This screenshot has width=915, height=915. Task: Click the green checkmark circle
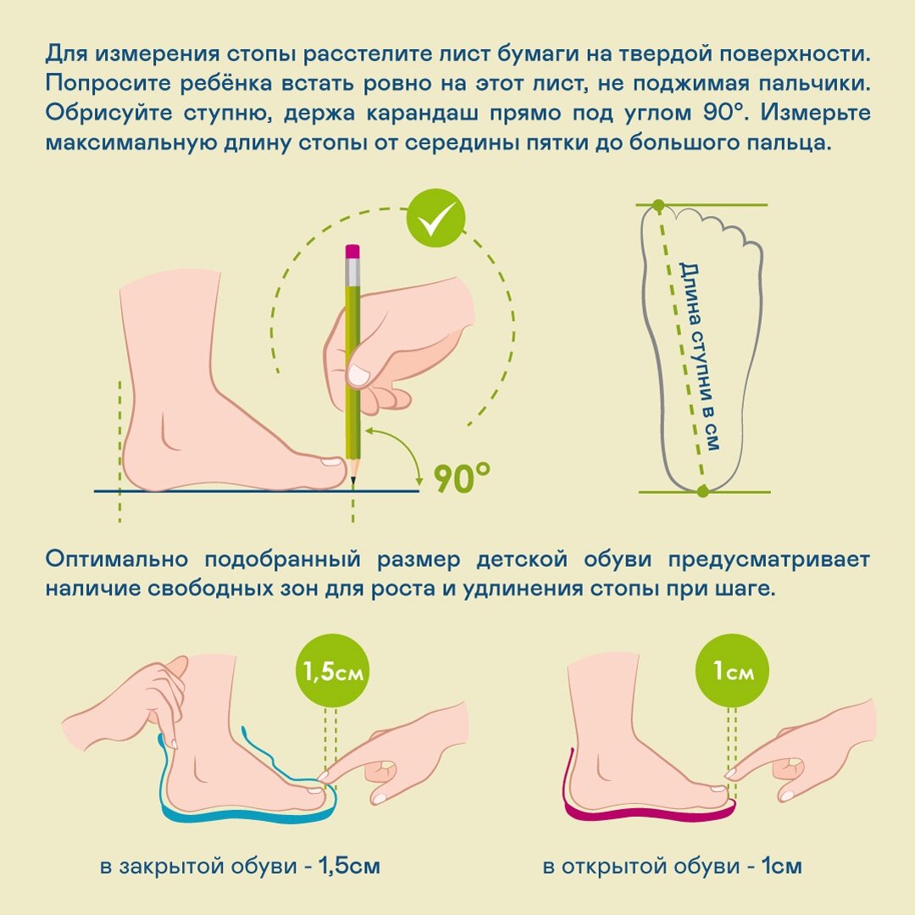click(x=435, y=218)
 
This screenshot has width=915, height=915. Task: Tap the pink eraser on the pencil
click(x=352, y=252)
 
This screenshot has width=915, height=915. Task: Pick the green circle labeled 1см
click(x=733, y=673)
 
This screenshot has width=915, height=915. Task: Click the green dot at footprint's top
click(x=658, y=205)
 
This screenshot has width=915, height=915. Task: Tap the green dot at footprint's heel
click(x=702, y=491)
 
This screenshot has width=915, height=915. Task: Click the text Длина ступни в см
click(x=700, y=356)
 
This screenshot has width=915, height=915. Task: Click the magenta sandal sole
click(x=644, y=817)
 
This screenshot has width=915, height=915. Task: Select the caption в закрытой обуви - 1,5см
click(x=240, y=867)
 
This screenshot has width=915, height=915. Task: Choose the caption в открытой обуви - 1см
click(x=672, y=867)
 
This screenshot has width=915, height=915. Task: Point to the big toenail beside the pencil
click(x=329, y=463)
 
